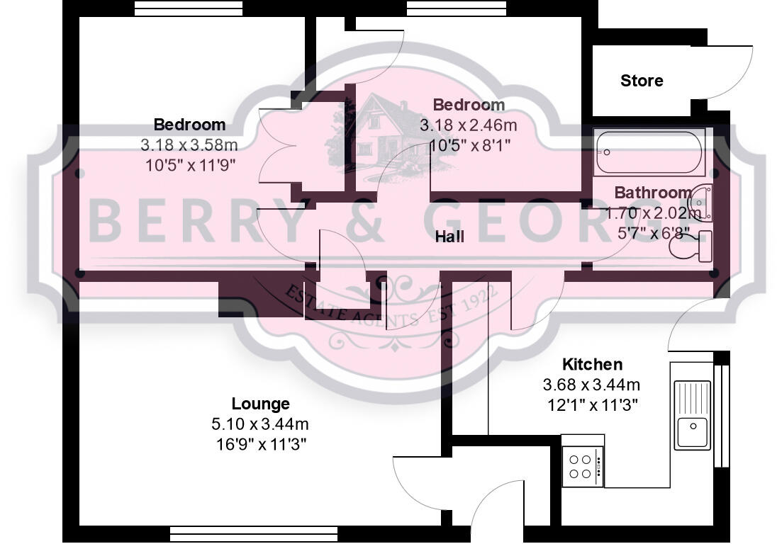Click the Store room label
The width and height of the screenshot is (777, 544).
point(642,81)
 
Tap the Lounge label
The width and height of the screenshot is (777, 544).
point(260,404)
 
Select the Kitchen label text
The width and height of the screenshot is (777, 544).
point(592,364)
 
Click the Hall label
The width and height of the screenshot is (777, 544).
point(449,236)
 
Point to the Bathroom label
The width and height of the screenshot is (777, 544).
point(652,192)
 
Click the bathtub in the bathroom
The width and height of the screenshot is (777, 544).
point(649,152)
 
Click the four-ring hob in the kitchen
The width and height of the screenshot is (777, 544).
point(582,466)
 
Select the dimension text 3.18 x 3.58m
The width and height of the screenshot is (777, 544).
point(189,145)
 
